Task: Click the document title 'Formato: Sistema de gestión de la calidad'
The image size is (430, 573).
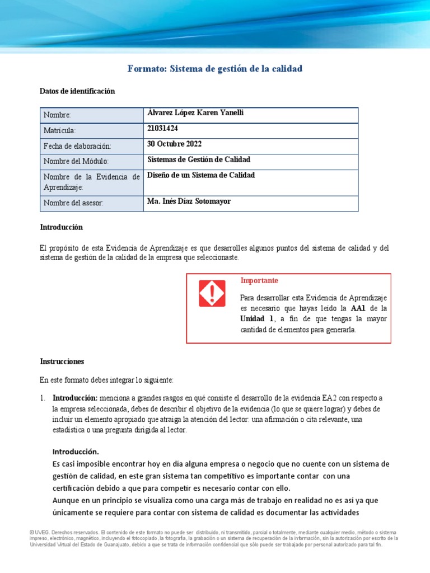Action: (x=214, y=69)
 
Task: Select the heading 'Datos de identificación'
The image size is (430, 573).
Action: (x=77, y=91)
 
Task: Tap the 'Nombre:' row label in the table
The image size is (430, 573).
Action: (x=58, y=115)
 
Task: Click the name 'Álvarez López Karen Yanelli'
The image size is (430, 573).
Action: (x=195, y=113)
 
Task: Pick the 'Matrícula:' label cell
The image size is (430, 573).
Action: (x=60, y=131)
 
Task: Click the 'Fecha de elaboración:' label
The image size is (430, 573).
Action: (x=78, y=146)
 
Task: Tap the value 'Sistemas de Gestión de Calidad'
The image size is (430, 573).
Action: (x=198, y=159)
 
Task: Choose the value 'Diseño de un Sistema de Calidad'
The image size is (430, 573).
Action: (x=200, y=175)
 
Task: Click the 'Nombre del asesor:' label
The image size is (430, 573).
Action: (x=74, y=203)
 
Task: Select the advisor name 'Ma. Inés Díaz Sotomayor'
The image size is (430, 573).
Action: (x=188, y=201)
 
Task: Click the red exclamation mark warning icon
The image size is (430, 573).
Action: (x=212, y=293)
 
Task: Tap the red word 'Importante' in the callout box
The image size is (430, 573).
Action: (x=259, y=280)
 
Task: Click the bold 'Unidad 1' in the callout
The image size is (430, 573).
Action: (x=257, y=319)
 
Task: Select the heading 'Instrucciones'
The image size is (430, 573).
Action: (x=62, y=361)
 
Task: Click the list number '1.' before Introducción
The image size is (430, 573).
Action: (x=43, y=398)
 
